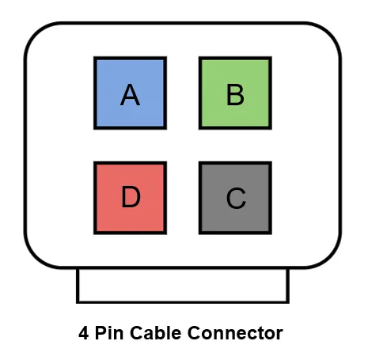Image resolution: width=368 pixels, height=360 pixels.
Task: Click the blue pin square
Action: tap(130, 93)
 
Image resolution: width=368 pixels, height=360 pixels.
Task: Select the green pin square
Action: tap(235, 93)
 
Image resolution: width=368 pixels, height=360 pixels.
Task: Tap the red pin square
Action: tap(130, 198)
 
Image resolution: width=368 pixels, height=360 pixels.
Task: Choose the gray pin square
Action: tap(235, 198)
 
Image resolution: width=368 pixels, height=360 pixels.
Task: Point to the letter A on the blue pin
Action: tap(130, 95)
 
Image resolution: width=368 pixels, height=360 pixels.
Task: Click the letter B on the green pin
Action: tap(235, 95)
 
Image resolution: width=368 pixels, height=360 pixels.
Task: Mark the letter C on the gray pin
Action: tap(236, 198)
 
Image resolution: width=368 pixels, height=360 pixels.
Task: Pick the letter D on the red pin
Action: tap(131, 196)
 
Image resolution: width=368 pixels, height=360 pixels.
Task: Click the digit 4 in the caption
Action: tap(83, 333)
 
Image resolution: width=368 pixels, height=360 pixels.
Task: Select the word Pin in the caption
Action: tap(109, 333)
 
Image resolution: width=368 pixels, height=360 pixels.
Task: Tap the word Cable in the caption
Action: tap(155, 333)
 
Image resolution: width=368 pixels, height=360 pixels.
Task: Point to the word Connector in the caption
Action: tap(235, 333)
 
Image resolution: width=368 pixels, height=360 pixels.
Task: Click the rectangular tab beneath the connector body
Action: tap(183, 286)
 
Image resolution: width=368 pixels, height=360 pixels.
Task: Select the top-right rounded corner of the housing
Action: tap(331, 32)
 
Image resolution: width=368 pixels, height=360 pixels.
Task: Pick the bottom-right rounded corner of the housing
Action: tap(331, 258)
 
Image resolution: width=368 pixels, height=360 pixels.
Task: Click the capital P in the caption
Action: tap(101, 333)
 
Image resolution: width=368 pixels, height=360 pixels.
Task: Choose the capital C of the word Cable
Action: tap(136, 333)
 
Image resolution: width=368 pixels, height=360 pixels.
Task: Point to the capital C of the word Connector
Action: tap(194, 333)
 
